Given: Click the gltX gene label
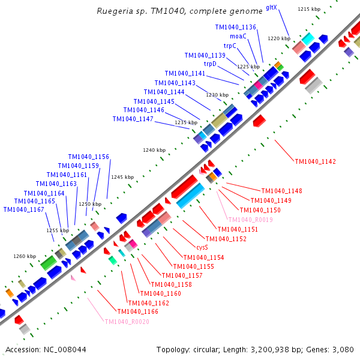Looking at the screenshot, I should pos(271,9).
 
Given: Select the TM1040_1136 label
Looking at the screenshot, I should pos(236,27).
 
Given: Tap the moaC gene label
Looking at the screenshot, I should pos(238,36).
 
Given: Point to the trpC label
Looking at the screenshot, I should pos(230,46).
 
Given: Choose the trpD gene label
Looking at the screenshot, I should pos(210,64).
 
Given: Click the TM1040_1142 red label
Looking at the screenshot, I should pos(316,162).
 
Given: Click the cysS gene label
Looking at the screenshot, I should pos(202,247).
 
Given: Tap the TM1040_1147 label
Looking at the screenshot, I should pos(133,119).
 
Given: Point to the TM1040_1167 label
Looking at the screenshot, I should pos(23,209).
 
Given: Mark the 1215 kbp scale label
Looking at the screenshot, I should pos(309,9).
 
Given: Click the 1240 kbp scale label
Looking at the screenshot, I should pos(154,150).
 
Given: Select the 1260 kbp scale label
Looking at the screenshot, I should pos(25,256).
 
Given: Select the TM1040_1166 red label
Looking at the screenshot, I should pos(138,311).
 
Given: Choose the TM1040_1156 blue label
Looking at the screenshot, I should pos(89,157).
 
